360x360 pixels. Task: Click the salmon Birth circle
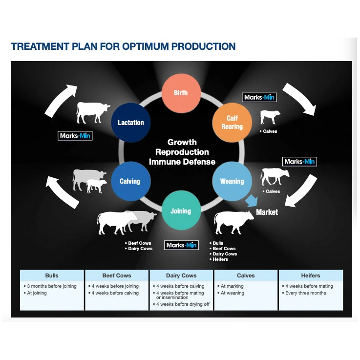click(181, 93)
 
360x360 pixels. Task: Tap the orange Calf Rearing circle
click(232, 123)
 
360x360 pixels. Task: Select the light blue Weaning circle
click(232, 181)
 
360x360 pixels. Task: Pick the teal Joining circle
click(180, 211)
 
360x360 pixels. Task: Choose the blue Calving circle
click(129, 181)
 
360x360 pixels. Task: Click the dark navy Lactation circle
click(130, 123)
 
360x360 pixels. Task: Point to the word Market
click(267, 212)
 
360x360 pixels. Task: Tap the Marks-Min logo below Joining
click(182, 245)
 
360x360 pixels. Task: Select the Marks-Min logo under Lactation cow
click(75, 135)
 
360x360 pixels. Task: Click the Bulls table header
click(52, 275)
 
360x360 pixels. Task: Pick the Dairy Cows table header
click(181, 275)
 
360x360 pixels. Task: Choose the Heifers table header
click(310, 275)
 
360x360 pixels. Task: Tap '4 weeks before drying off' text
click(183, 304)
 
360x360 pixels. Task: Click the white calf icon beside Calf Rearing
click(270, 117)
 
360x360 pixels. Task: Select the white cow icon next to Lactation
click(93, 112)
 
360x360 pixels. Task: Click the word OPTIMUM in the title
click(149, 47)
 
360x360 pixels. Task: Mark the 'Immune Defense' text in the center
click(182, 162)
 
